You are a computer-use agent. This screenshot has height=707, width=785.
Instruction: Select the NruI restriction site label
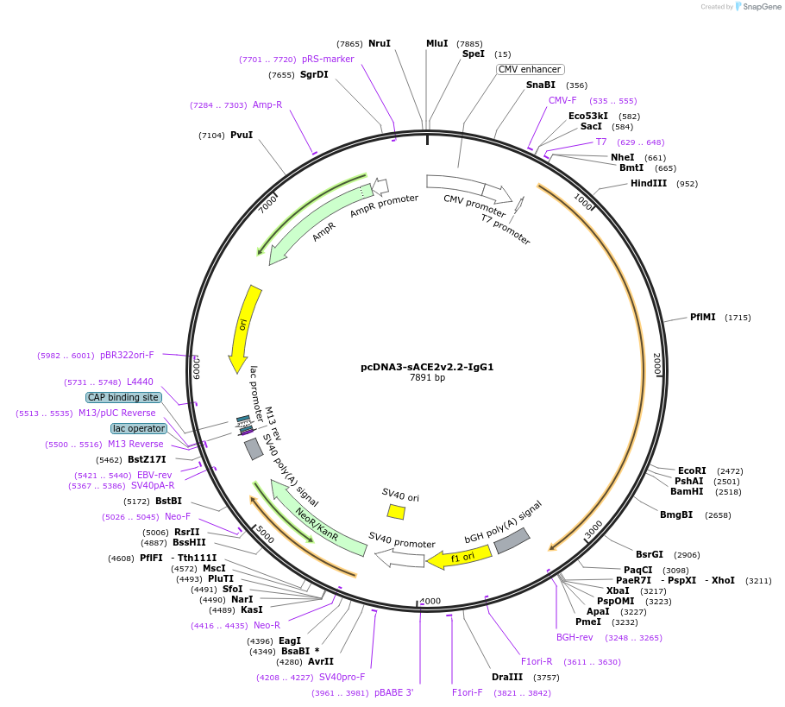click(380, 43)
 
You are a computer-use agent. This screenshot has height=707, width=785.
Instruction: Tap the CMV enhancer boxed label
click(530, 69)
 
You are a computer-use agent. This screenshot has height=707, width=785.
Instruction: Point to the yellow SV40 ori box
click(396, 511)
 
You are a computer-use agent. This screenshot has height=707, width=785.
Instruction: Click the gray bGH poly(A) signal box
click(512, 540)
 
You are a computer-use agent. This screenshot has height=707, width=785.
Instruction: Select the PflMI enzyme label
click(702, 318)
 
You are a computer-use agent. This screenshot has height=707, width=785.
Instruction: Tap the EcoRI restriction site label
click(692, 470)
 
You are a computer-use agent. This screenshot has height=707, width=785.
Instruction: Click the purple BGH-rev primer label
click(575, 637)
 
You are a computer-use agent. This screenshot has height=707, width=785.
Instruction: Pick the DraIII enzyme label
click(507, 677)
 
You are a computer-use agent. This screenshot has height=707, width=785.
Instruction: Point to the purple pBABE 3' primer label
click(393, 692)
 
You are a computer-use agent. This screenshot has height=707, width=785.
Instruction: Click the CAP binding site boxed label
click(123, 397)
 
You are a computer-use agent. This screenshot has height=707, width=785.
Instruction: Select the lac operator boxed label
click(139, 428)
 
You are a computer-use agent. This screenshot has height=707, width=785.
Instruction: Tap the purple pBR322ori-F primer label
click(127, 355)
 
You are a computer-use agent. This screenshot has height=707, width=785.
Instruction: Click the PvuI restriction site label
click(242, 135)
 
